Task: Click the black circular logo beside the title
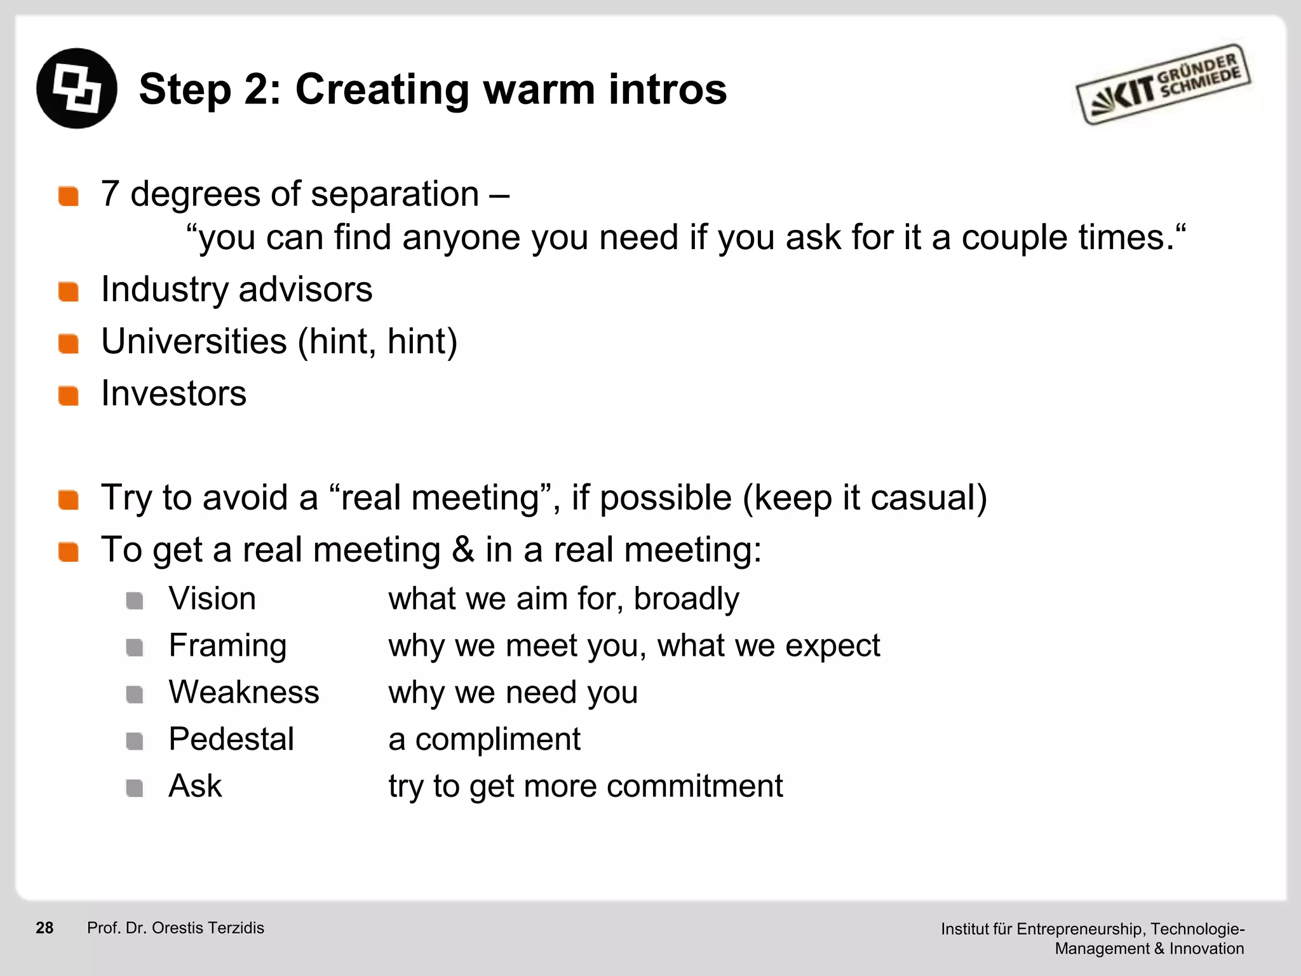coord(77,88)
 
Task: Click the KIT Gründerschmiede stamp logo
coord(1163,85)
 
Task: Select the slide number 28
coord(44,928)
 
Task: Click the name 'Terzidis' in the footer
coord(236,928)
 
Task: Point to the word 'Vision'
coord(212,599)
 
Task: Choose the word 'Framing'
coord(227,646)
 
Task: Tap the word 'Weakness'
coord(244,692)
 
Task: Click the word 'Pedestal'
coord(231,739)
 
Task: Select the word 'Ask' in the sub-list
coord(195,786)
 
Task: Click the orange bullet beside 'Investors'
coord(68,395)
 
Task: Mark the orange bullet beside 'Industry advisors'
coord(68,292)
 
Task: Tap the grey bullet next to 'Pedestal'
coord(134,741)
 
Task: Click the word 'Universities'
coord(194,341)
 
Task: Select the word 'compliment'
coord(497,739)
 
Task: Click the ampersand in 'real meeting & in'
coord(463,550)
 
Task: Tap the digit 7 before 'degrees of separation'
coord(110,194)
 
